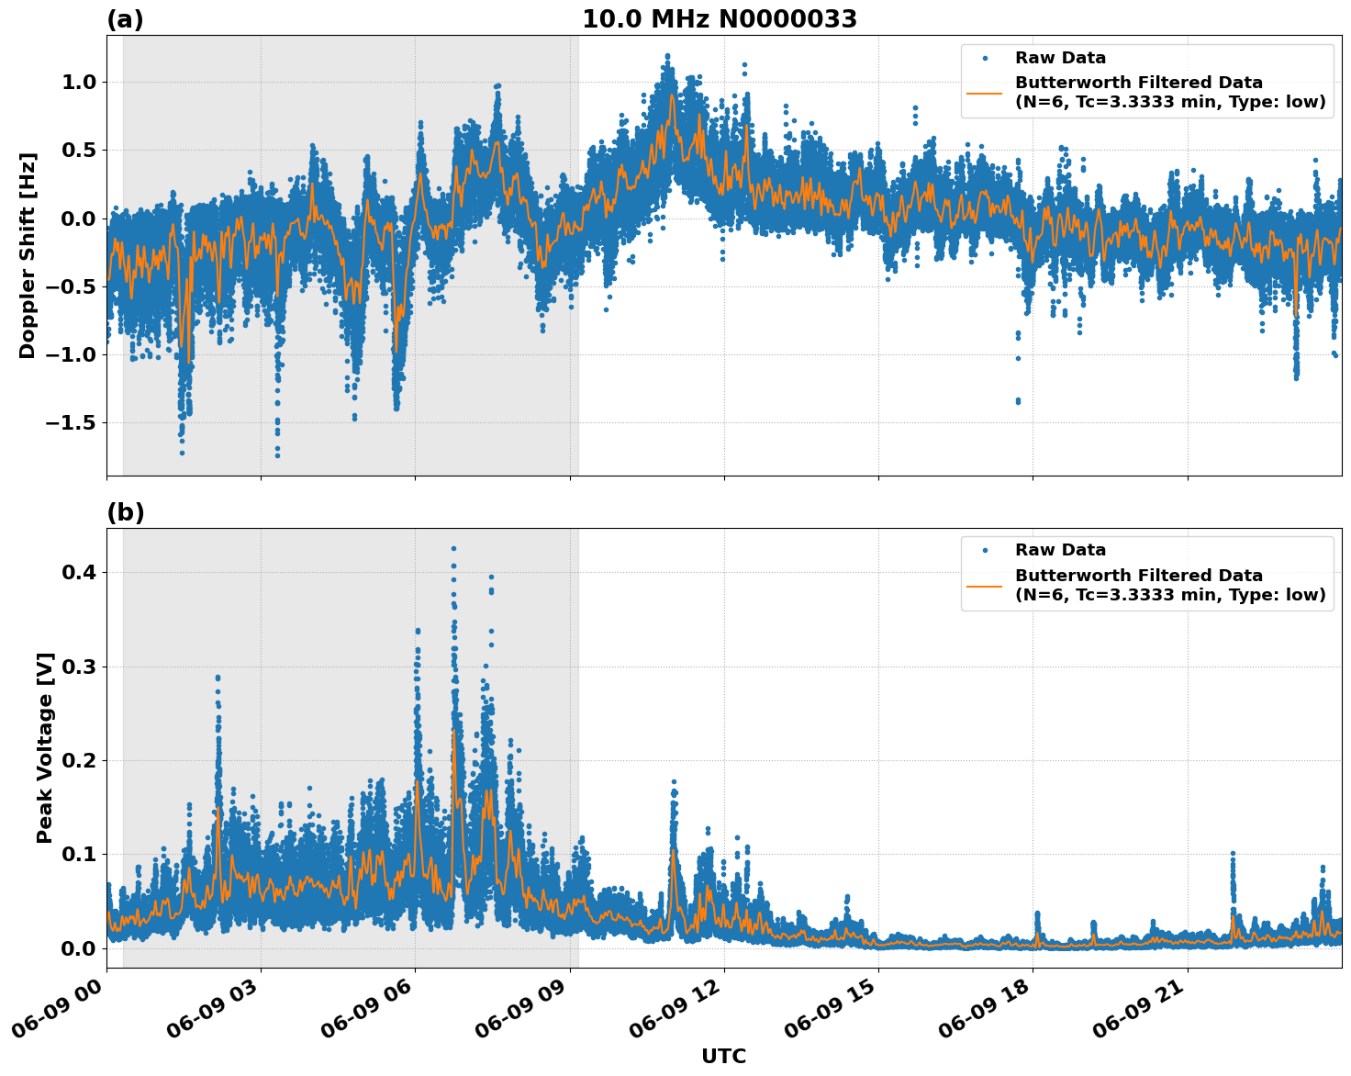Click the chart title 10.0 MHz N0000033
pos(720,19)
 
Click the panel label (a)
pos(125,19)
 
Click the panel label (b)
pos(125,512)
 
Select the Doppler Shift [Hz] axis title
pos(28,255)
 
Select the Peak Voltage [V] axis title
pos(45,747)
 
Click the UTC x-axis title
pos(723,1056)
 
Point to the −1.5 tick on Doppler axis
pos(72,422)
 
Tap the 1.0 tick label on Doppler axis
pos(79,82)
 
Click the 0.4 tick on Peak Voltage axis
pos(79,572)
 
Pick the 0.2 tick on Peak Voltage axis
pos(79,760)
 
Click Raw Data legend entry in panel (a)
pos(1060,58)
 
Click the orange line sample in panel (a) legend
pos(984,92)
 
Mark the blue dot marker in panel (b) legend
pos(985,550)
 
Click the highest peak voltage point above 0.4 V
pos(453,548)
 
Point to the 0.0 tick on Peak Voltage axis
pos(79,948)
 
